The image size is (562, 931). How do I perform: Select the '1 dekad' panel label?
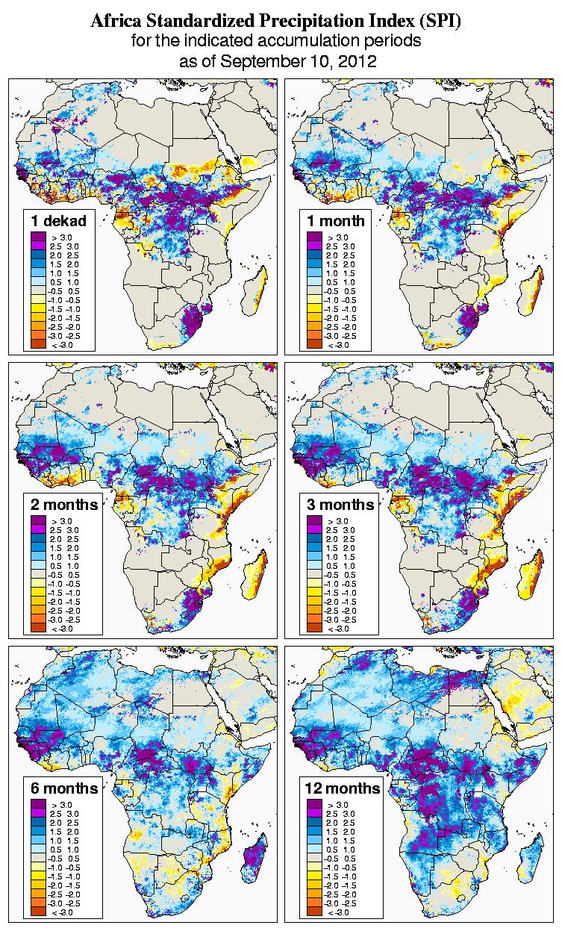coord(58,221)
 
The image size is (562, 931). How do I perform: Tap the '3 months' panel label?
coord(340,505)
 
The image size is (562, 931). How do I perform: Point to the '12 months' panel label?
coord(343,788)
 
